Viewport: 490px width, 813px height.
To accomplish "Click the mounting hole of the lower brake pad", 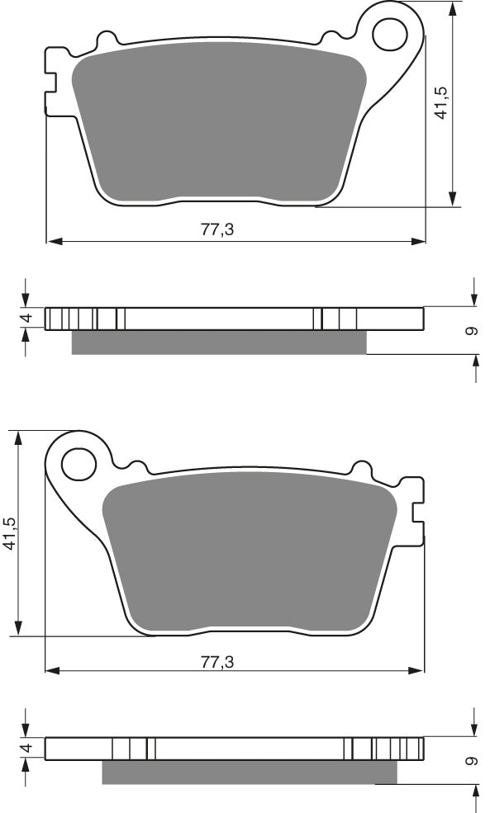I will click(79, 462).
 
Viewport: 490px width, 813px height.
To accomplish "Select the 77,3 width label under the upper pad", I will click(217, 230).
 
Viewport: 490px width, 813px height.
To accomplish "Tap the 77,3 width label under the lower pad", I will click(217, 660).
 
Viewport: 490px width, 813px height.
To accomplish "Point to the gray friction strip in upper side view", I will click(219, 343).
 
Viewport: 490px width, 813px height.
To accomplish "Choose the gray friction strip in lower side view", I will click(248, 772).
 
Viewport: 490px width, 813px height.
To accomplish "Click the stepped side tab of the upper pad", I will click(51, 80).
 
